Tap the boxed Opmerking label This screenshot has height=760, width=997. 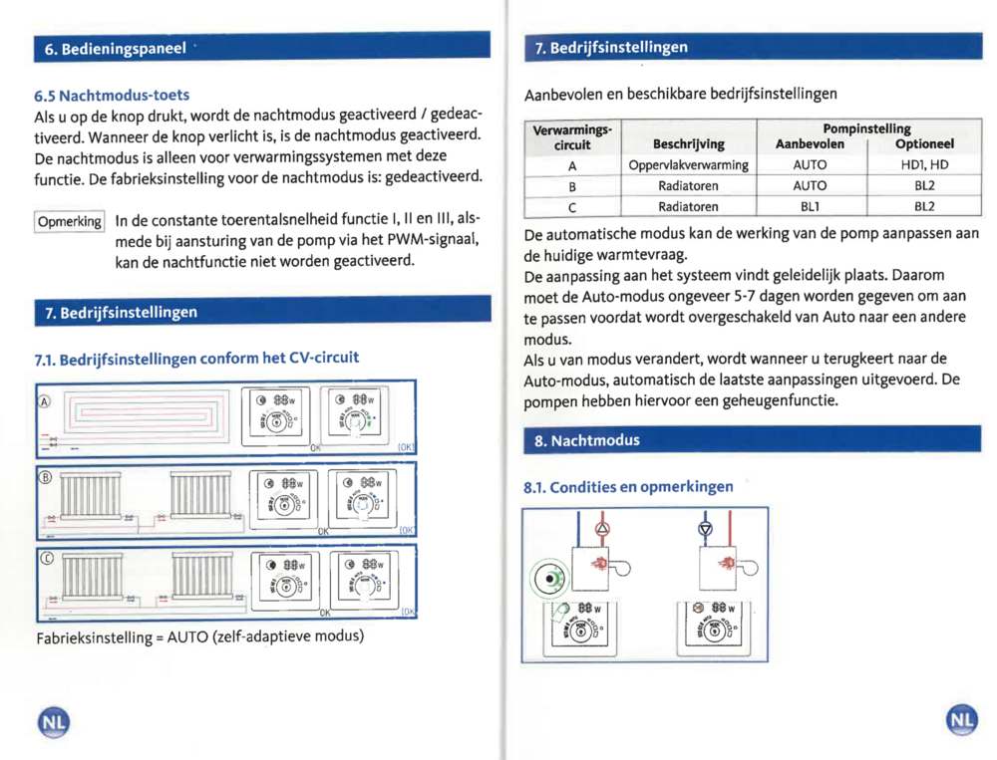point(70,221)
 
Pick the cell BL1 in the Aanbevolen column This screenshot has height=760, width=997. point(810,206)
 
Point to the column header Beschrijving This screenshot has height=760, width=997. point(688,144)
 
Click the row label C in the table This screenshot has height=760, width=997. point(572,206)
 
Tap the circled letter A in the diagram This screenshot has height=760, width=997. point(44,401)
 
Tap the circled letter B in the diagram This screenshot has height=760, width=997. point(44,476)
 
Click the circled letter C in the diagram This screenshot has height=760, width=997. point(44,558)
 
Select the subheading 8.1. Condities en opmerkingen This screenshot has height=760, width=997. point(628,487)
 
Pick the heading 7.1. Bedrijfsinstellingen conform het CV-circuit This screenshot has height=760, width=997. point(196,358)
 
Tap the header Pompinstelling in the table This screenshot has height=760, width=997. point(865,129)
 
